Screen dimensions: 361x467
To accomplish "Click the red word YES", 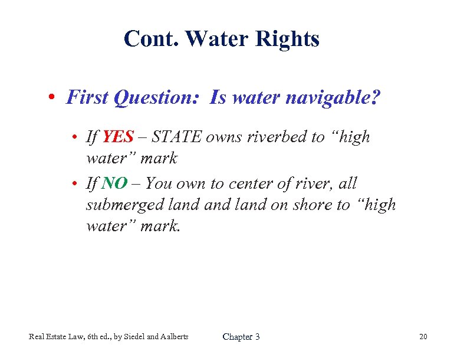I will click(x=119, y=137).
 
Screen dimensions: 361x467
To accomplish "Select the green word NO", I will click(x=114, y=183).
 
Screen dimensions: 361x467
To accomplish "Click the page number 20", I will click(x=423, y=337).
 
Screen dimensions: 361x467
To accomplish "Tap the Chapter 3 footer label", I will click(x=241, y=337).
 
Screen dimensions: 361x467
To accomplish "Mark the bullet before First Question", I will click(x=53, y=97).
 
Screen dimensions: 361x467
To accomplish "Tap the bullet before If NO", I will click(x=77, y=184).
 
